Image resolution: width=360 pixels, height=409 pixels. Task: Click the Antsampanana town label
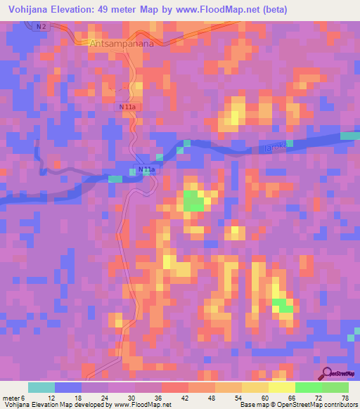point(121,43)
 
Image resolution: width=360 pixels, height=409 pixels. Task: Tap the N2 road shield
point(41,26)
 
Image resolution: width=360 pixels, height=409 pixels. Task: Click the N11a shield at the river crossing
point(146,170)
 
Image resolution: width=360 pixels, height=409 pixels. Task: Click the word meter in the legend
point(11,399)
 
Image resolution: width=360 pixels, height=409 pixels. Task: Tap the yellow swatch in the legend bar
point(281,387)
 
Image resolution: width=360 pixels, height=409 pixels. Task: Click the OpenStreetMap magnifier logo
point(327,372)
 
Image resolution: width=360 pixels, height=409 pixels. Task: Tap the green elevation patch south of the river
point(193,202)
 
